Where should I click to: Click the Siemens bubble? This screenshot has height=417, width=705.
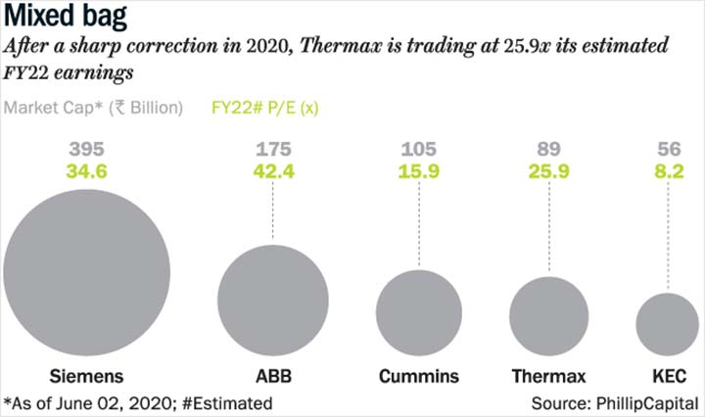pyautogui.click(x=87, y=273)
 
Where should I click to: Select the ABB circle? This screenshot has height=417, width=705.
pyautogui.click(x=273, y=301)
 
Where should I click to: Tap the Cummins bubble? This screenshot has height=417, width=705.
pyautogui.click(x=419, y=313)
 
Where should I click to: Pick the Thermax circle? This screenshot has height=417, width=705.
pyautogui.click(x=549, y=316)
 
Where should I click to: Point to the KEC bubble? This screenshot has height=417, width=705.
pyautogui.click(x=668, y=324)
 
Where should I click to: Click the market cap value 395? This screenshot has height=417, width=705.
pyautogui.click(x=87, y=149)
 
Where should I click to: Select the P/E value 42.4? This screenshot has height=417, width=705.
pyautogui.click(x=273, y=171)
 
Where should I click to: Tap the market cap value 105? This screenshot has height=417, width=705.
pyautogui.click(x=419, y=149)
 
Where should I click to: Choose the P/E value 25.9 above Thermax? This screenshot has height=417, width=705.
pyautogui.click(x=548, y=171)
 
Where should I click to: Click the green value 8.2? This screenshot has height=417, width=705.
pyautogui.click(x=669, y=171)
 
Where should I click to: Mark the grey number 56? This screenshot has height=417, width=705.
pyautogui.click(x=669, y=149)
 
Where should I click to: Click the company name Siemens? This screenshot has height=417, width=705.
pyautogui.click(x=86, y=376)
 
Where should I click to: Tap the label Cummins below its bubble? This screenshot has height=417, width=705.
pyautogui.click(x=419, y=376)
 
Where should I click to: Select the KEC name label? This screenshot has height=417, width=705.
pyautogui.click(x=670, y=376)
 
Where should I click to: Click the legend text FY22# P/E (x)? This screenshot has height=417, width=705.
pyautogui.click(x=264, y=108)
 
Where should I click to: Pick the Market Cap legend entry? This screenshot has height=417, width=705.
pyautogui.click(x=93, y=108)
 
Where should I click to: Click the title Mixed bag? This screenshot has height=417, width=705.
pyautogui.click(x=66, y=17)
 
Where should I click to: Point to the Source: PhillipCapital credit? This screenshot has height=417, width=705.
pyautogui.click(x=615, y=403)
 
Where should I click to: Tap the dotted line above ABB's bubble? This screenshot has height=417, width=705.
pyautogui.click(x=273, y=210)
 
